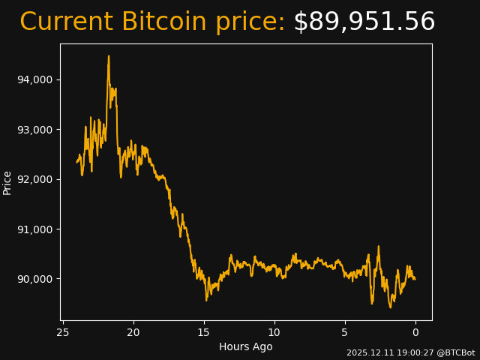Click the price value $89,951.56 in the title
tap(364, 22)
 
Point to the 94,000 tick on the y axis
tap(35, 80)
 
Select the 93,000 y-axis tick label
tap(35, 130)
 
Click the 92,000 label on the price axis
tap(35, 179)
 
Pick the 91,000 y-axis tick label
tap(35, 229)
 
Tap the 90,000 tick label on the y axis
tap(35, 279)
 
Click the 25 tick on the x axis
tap(63, 332)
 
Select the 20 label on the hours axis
tap(133, 332)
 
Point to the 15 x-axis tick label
tap(204, 332)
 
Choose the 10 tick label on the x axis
tap(274, 332)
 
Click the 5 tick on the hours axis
tap(345, 332)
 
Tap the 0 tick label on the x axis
tap(415, 332)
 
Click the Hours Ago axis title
tap(246, 346)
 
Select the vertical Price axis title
tap(7, 182)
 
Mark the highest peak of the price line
tap(108, 55)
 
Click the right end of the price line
tap(415, 280)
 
